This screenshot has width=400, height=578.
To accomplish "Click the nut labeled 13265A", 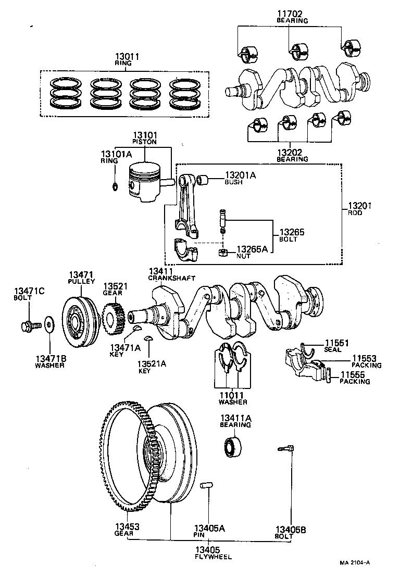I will click(x=221, y=254).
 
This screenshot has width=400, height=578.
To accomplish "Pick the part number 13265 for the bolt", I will click(x=292, y=232).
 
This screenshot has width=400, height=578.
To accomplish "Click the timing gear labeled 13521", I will click(x=112, y=315).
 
